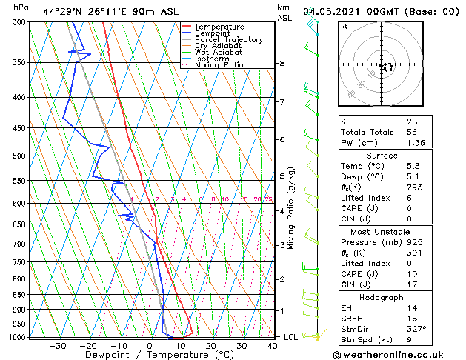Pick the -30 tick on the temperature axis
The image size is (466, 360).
pyautogui.click(x=56, y=346)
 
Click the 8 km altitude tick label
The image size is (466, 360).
pyautogui.click(x=282, y=64)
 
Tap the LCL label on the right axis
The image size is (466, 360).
pyautogui.click(x=291, y=337)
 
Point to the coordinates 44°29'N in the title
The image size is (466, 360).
pyautogui.click(x=62, y=12)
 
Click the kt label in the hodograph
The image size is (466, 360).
pyautogui.click(x=344, y=27)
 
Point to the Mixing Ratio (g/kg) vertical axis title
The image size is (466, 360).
pyautogui.click(x=291, y=208)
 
